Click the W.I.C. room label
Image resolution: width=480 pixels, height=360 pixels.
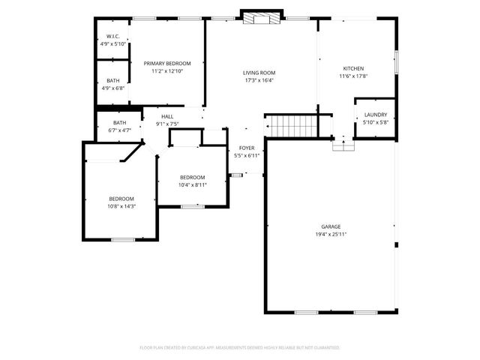pos(112,36)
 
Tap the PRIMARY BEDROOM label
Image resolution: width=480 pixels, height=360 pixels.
pos(167,64)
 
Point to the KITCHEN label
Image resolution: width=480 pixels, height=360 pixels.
pos(353,68)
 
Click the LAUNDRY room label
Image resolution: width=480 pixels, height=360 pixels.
pos(375,115)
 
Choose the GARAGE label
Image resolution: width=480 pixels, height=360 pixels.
pos(331,226)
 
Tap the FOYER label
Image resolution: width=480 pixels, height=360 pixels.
pos(247,148)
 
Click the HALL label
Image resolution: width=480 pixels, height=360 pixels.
pos(166,116)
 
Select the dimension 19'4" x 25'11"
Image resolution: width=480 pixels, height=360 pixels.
pos(331,235)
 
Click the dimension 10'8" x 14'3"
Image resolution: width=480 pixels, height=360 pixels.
pos(121,206)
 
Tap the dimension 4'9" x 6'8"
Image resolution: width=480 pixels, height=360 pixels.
pos(112,88)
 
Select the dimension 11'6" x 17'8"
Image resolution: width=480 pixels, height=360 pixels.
pos(353,76)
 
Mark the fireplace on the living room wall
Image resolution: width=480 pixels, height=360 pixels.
pos(262,19)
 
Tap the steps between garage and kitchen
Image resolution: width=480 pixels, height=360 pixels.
pos(343,145)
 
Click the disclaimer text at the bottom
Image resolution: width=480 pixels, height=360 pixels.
pos(240,348)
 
